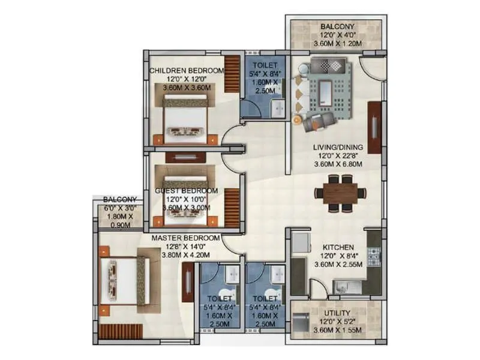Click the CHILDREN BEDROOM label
click(x=187, y=70)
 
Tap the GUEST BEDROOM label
click(x=187, y=191)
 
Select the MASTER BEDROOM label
click(x=185, y=238)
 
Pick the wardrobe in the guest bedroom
click(x=232, y=208)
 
